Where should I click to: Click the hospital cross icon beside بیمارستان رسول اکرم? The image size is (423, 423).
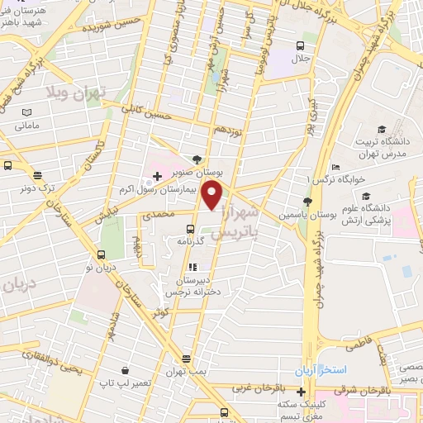(157, 177)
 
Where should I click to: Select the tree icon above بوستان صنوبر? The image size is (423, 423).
(196, 160)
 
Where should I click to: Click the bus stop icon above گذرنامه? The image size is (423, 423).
(190, 229)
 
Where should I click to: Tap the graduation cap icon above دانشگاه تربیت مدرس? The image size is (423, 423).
(381, 129)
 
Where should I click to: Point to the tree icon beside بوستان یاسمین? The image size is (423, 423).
(308, 201)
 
